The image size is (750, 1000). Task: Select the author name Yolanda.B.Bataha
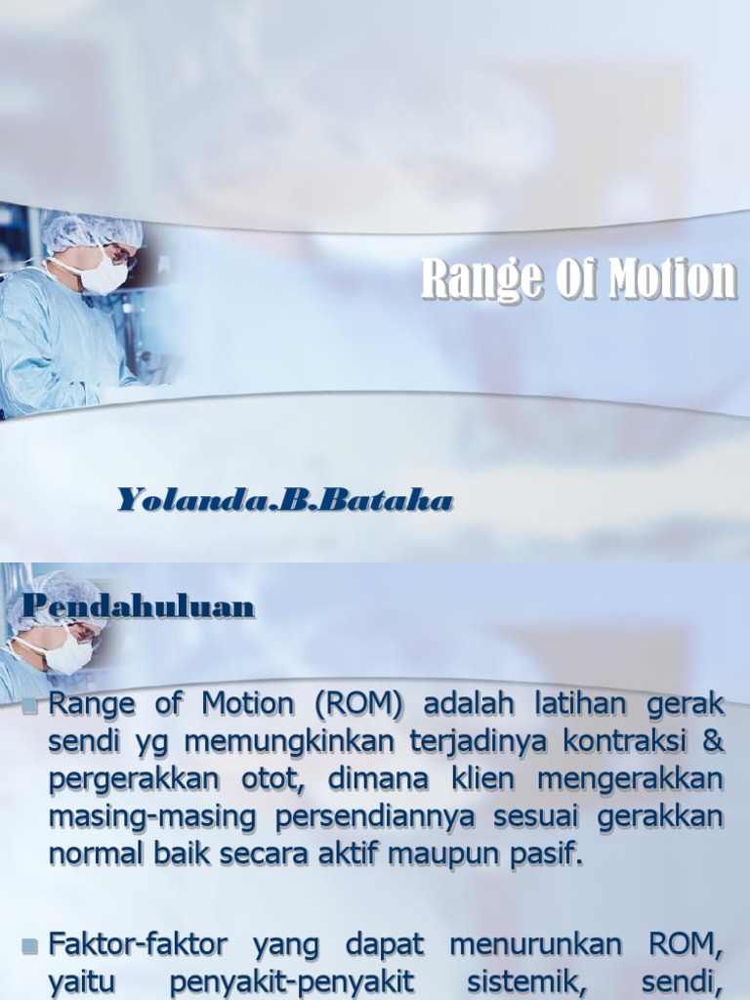[x=285, y=501]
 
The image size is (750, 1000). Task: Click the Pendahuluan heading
[x=138, y=607]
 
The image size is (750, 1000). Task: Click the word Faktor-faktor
[x=138, y=944]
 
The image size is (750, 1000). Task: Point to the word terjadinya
[x=478, y=742]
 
